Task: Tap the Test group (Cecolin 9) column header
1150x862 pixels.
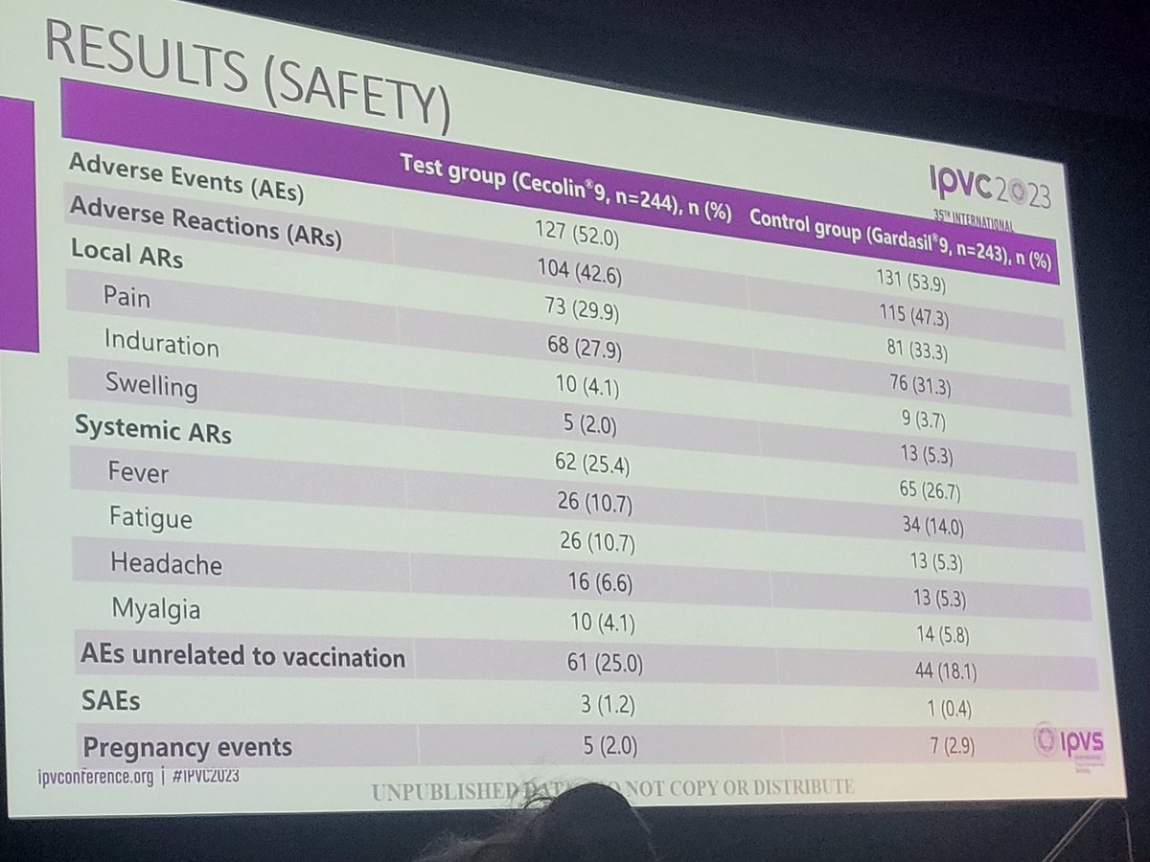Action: (564, 191)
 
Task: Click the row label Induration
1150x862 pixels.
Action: (161, 344)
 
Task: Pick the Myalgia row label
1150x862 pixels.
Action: (155, 609)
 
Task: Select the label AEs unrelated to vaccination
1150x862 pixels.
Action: (242, 657)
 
